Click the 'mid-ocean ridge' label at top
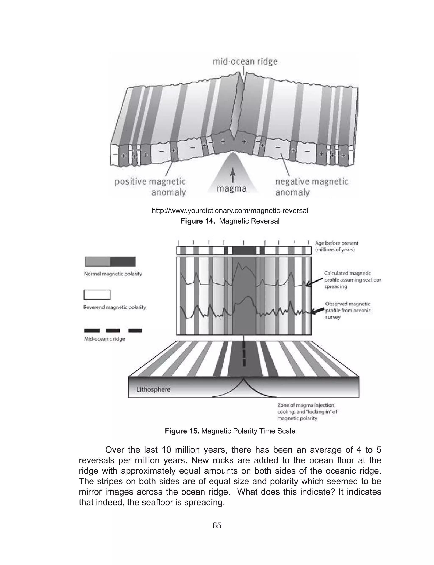[x=245, y=62]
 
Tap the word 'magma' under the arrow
[x=231, y=189]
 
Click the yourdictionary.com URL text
[x=230, y=211]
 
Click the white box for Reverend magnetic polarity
[x=97, y=295]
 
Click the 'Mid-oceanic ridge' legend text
[x=104, y=339]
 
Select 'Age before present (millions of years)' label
[x=336, y=246]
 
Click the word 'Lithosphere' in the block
[x=153, y=389]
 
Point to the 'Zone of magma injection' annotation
[x=307, y=412]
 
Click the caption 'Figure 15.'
[x=182, y=431]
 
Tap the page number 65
[x=217, y=526]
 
